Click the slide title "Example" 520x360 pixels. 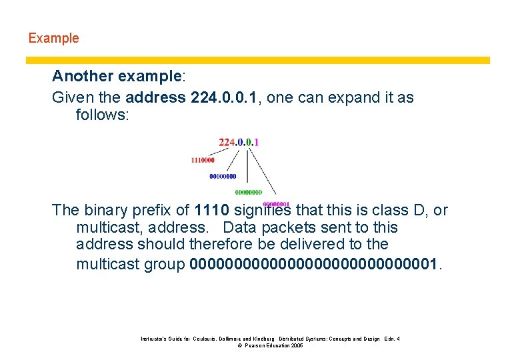point(53,38)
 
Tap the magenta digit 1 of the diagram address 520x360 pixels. point(257,142)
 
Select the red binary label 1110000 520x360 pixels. point(203,160)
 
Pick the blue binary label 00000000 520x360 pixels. point(223,177)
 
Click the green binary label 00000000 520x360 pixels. point(248,193)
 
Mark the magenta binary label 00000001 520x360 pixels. point(276,204)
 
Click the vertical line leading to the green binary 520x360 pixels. point(248,167)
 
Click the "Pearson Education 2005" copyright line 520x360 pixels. point(270,346)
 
